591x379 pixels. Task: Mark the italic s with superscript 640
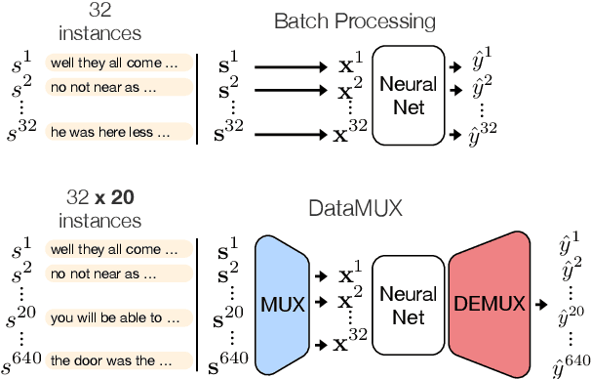[x=22, y=360]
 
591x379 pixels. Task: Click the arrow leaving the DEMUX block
[x=538, y=304]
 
